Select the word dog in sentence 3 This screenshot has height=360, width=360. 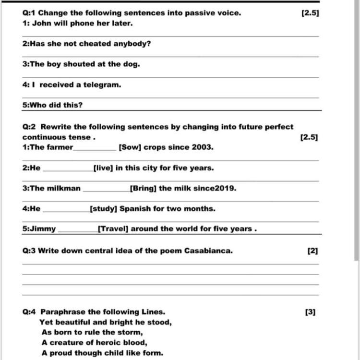[132, 64]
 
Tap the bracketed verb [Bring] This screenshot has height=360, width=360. [143, 188]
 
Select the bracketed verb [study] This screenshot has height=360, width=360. [103, 209]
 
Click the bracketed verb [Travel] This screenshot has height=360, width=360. [113, 229]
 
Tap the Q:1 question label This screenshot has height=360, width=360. [29, 13]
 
